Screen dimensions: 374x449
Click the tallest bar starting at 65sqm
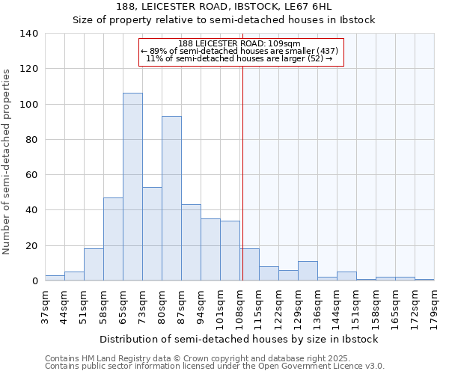pyautogui.click(x=132, y=187)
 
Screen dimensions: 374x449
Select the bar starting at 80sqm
pyautogui.click(x=171, y=198)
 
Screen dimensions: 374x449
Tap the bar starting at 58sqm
pyautogui.click(x=113, y=239)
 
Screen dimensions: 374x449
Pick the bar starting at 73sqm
pyautogui.click(x=152, y=234)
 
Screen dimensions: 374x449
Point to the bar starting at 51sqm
pyautogui.click(x=94, y=265)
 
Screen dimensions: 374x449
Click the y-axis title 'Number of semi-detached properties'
pyautogui.click(x=7, y=161)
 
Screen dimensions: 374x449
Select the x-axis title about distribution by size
pyautogui.click(x=239, y=339)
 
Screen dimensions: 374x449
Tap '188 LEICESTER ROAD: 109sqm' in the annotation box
pyautogui.click(x=239, y=43)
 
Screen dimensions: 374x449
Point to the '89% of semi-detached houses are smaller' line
pyautogui.click(x=239, y=51)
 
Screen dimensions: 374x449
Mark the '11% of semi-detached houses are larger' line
pyautogui.click(x=239, y=58)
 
